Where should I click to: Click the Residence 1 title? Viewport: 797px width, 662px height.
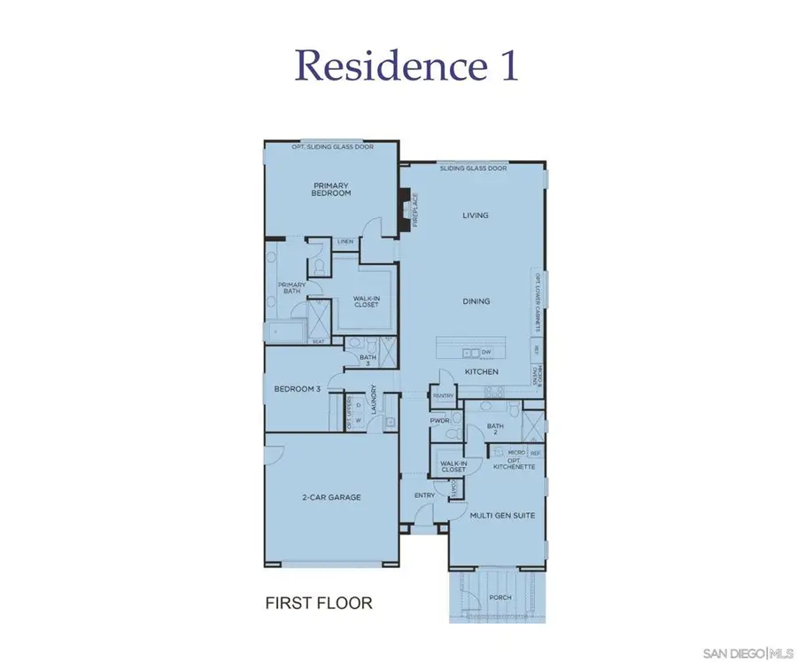pyautogui.click(x=406, y=66)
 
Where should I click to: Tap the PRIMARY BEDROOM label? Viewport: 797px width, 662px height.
pyautogui.click(x=331, y=190)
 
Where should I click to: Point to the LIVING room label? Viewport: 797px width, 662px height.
pyautogui.click(x=476, y=215)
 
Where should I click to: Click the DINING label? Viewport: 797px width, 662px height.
pyautogui.click(x=476, y=301)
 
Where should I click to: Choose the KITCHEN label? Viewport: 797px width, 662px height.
pyautogui.click(x=481, y=371)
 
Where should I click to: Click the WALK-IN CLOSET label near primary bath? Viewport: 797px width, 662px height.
pyautogui.click(x=366, y=301)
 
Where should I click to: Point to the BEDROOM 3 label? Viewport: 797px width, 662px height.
pyautogui.click(x=297, y=389)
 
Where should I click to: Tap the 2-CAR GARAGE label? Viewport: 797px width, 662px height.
pyautogui.click(x=331, y=497)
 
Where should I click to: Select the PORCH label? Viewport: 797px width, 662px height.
pyautogui.click(x=500, y=597)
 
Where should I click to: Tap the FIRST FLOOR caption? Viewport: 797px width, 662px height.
pyautogui.click(x=319, y=604)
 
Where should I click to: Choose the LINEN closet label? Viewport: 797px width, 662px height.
pyautogui.click(x=345, y=241)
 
